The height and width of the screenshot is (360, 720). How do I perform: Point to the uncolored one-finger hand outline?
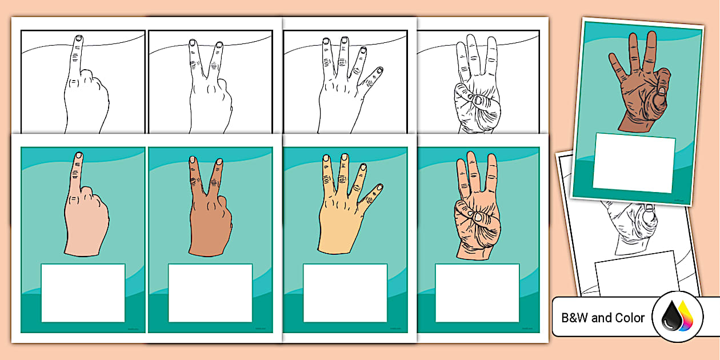(x=86, y=103)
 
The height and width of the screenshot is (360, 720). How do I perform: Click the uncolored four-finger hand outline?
(x=343, y=97)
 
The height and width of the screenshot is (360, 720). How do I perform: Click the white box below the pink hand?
(x=83, y=293)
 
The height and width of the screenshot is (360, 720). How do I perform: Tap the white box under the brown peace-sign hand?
(x=210, y=293)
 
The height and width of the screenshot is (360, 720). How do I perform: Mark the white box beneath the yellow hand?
(x=345, y=293)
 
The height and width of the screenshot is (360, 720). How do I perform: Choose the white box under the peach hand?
(x=477, y=293)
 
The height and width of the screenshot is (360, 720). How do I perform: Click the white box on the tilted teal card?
(x=634, y=163)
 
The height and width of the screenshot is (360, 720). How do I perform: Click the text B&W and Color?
(x=603, y=318)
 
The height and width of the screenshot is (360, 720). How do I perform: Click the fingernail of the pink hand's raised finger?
(x=78, y=155)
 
